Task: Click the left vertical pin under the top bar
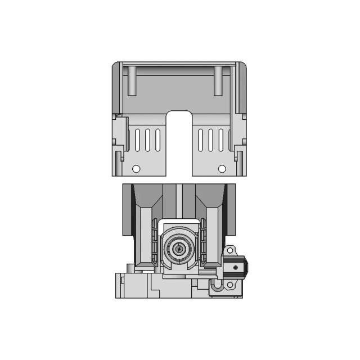131,80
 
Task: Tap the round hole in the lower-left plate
136,169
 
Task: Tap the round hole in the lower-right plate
222,169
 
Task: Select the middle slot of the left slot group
148,139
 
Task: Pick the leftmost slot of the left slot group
138,139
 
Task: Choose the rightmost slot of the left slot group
157,139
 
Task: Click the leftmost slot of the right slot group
202,139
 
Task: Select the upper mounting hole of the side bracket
229,249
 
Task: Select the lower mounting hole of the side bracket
229,285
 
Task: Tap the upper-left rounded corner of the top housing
114,64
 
